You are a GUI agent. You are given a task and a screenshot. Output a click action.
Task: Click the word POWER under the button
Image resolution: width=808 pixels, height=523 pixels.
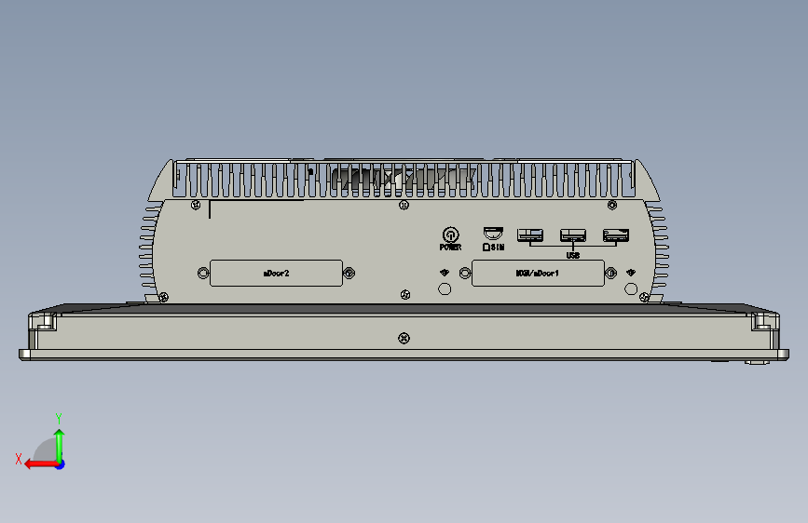point(450,248)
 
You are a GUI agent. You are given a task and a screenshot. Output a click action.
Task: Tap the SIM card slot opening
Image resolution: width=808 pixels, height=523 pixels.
point(492,233)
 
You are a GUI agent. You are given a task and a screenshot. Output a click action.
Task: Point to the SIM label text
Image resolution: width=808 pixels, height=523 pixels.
point(494,248)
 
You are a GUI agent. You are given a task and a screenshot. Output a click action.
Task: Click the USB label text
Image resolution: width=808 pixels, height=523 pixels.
point(573,254)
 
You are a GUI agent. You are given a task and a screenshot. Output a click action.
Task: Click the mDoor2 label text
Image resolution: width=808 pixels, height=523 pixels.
point(276,274)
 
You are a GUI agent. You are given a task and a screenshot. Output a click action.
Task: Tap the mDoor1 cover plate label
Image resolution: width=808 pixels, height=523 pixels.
point(537,274)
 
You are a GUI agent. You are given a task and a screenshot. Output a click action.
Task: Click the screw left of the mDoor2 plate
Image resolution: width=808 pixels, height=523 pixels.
point(203,273)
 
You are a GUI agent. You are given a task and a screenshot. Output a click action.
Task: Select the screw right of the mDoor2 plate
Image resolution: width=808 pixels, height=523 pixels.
point(349,273)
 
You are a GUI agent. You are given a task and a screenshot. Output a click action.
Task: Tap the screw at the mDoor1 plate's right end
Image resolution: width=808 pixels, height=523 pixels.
point(611,273)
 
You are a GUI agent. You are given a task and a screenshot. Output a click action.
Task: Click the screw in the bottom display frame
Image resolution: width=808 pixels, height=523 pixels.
point(403,338)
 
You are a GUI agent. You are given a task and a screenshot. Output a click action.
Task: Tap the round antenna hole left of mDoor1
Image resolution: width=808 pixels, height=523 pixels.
point(444,289)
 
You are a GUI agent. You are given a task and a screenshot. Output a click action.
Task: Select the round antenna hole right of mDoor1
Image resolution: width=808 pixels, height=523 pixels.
point(631,289)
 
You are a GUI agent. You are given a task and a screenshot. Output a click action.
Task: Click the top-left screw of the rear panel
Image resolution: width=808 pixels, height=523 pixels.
point(194,205)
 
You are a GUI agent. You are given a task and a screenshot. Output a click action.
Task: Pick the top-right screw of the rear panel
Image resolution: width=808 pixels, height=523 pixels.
point(612,205)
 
